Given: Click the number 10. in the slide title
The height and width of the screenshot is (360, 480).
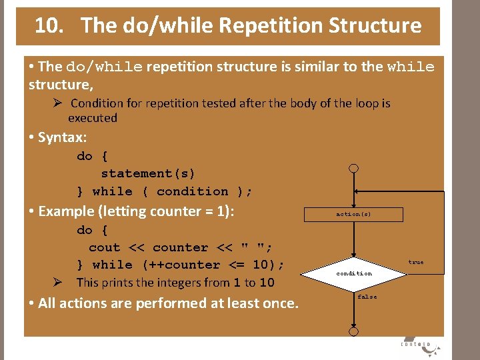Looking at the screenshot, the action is (49, 26).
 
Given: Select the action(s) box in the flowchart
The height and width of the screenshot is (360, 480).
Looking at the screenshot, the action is (353, 214).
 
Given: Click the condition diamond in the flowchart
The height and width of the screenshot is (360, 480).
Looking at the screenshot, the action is (354, 273).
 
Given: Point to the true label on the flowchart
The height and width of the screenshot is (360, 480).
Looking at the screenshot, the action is (416, 262).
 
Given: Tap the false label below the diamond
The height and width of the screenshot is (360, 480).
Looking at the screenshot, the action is (367, 297).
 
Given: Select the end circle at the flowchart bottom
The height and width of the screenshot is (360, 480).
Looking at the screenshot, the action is (354, 331).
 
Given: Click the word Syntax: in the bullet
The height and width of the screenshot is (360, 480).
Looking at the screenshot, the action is (63, 137).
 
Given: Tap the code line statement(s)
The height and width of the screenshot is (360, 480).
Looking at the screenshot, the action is (148, 173).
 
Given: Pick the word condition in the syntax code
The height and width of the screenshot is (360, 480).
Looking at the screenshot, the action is (192, 191).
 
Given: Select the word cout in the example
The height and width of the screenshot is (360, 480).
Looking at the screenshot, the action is (104, 247).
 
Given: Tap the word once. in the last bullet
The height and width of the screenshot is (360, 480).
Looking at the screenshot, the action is (279, 303).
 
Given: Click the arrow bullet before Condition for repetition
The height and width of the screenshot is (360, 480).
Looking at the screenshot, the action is (59, 103).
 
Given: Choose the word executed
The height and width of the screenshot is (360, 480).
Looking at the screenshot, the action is (93, 118).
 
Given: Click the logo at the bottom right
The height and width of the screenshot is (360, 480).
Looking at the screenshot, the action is (416, 343).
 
